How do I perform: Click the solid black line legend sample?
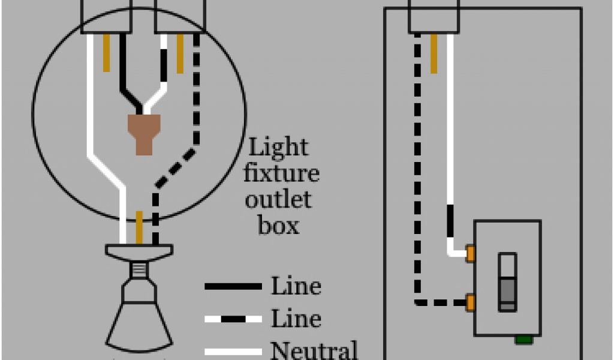coord(233,287)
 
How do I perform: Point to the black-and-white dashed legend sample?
coord(233,319)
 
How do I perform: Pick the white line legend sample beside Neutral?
coord(233,351)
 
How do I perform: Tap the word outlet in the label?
coord(278,199)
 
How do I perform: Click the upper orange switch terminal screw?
coord(471,253)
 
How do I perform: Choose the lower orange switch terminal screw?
coord(471,302)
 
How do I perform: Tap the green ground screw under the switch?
coord(523,340)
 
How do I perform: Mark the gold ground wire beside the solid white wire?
coord(107,53)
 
